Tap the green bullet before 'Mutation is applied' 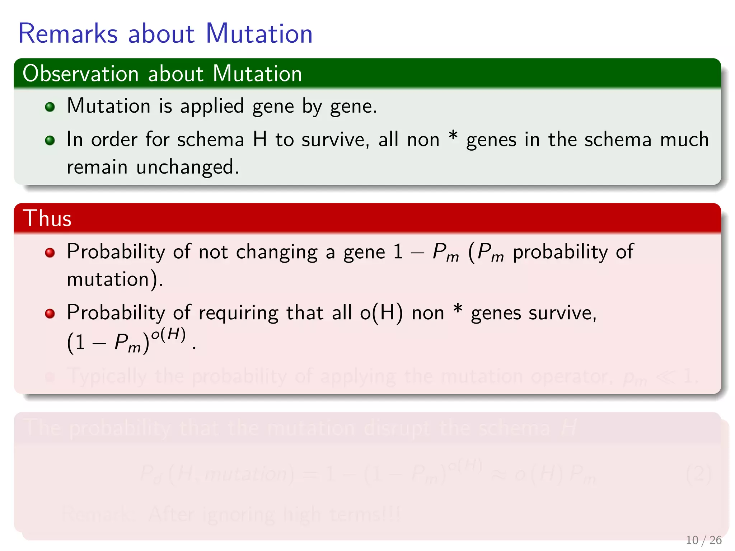point(50,107)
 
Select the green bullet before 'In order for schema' point(50,140)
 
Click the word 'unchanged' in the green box point(187,167)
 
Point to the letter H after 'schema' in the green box point(260,140)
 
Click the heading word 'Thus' point(47,218)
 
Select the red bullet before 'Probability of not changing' point(50,253)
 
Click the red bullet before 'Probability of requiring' point(50,314)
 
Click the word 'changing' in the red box point(277,252)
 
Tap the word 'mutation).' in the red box point(115,279)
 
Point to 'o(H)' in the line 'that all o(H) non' point(381,313)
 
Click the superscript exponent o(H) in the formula point(168,335)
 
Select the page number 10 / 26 point(703,540)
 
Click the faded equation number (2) point(698,474)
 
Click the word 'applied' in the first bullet point(212,107)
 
